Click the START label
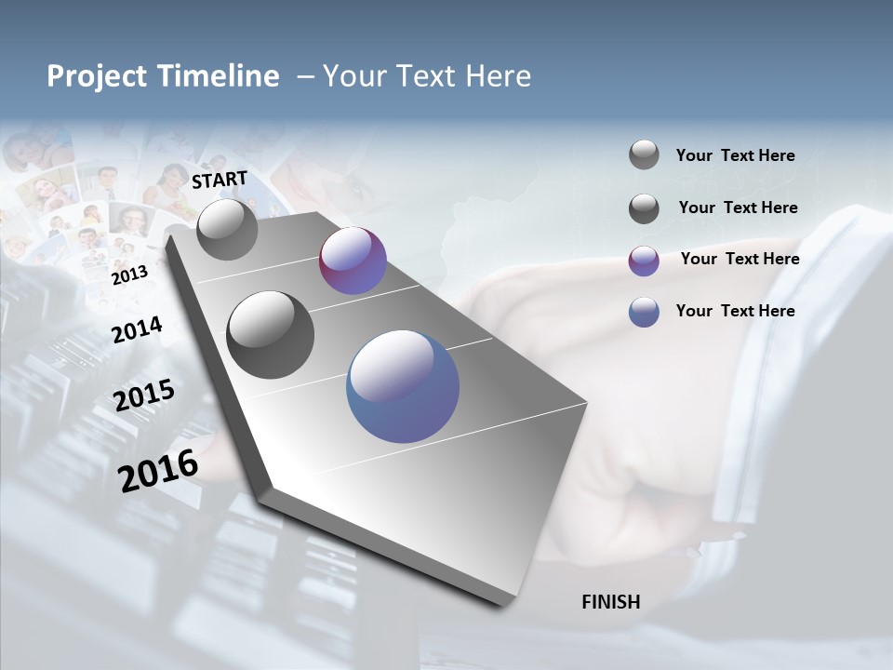[220, 180]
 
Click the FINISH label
[610, 602]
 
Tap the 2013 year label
[129, 275]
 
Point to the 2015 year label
[144, 395]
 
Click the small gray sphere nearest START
[227, 229]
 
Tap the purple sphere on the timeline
[353, 261]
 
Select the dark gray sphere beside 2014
[270, 335]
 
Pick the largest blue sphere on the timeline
[403, 386]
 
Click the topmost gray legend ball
[644, 155]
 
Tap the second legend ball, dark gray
[644, 208]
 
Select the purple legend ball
[644, 261]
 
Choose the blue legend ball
[644, 312]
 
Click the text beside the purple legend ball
[740, 259]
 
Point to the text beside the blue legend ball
[735, 311]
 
